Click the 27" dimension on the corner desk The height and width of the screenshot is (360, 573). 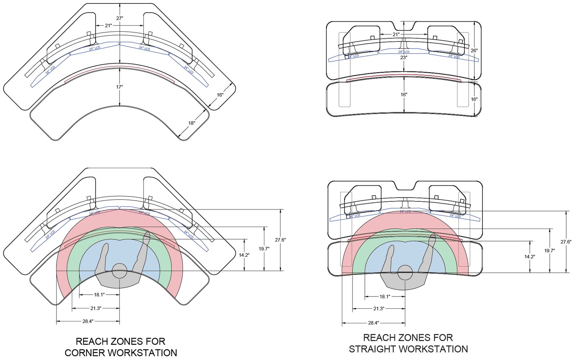tap(120, 18)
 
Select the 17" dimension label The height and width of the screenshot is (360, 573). tap(120, 87)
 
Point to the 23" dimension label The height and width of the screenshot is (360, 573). tap(404, 57)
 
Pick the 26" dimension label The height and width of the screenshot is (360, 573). tap(474, 50)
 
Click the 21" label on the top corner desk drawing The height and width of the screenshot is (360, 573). tap(108, 26)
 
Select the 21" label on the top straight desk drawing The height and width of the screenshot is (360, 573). tap(396, 34)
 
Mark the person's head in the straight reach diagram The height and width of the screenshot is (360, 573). tap(405, 272)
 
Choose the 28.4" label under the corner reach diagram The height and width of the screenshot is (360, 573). tap(88, 321)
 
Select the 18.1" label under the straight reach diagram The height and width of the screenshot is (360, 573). tap(385, 297)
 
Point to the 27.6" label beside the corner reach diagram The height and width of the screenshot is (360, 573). tap(280, 240)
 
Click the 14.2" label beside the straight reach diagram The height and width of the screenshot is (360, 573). tap(529, 257)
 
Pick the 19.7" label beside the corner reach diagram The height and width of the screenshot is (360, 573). tap(264, 249)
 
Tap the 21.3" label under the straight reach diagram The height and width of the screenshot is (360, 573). tap(379, 308)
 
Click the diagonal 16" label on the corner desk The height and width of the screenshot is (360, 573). tap(220, 95)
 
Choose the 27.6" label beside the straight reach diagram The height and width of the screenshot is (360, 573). tap(566, 242)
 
